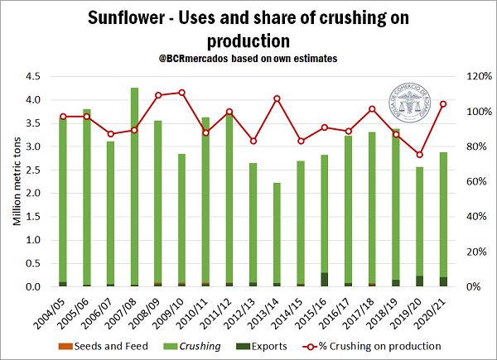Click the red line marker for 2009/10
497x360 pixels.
[181, 93]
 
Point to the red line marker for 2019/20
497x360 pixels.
[420, 155]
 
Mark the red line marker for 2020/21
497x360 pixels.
[444, 103]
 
